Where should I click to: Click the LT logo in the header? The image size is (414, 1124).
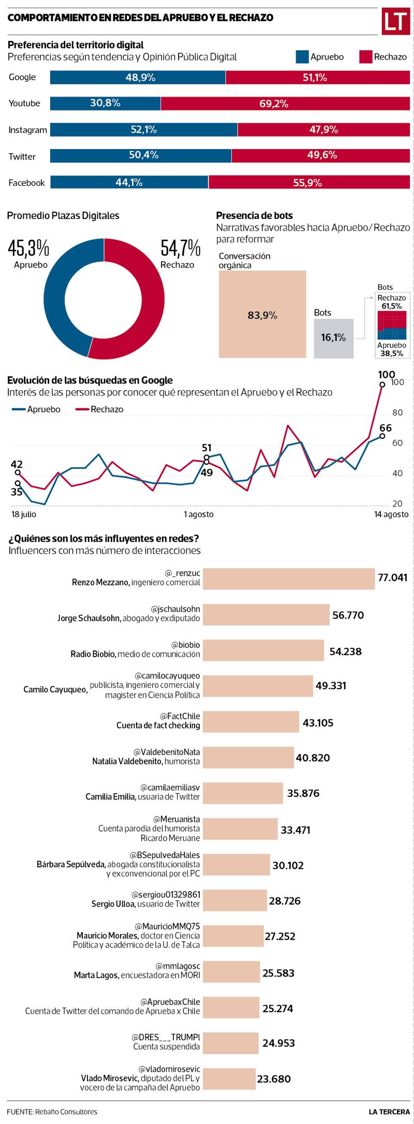coord(395,21)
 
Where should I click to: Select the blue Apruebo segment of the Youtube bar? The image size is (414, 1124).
coord(105,103)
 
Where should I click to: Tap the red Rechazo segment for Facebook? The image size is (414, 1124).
coord(309,183)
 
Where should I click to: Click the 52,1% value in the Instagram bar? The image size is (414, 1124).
coord(143,130)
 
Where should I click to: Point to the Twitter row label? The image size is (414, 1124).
coord(22,156)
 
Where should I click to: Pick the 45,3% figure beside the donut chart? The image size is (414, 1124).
coord(28,248)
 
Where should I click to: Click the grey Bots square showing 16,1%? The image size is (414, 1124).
coord(333,338)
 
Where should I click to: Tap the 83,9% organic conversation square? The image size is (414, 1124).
coord(262,314)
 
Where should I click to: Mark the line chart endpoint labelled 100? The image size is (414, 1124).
coord(382,384)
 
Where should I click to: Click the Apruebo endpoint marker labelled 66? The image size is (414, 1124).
coord(382,436)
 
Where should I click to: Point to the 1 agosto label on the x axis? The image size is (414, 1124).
coord(199,514)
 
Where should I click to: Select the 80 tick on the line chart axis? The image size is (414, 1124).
coord(397,412)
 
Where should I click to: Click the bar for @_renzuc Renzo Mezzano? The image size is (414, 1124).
coord(288,579)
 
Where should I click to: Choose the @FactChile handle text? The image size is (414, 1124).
coord(180,716)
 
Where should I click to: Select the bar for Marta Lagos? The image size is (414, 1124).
coord(231,972)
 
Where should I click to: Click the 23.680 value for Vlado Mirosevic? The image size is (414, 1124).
coord(274,1079)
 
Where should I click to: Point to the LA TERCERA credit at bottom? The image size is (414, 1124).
coord(389,1111)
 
